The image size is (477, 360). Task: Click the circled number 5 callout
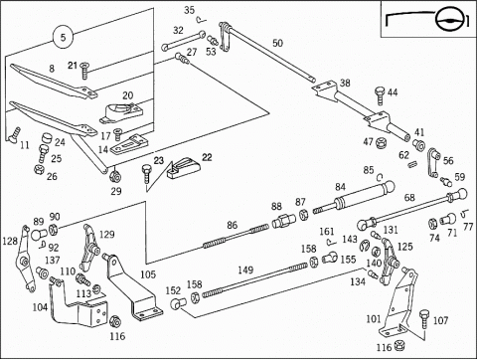(63, 37)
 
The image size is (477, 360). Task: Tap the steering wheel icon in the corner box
(448, 21)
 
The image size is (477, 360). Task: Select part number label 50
(278, 43)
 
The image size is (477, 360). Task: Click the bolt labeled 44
(380, 95)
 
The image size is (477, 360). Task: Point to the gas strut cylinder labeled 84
(354, 197)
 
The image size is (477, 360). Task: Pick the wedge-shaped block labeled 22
(184, 169)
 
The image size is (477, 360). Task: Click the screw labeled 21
(85, 71)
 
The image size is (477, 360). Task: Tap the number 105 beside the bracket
(148, 274)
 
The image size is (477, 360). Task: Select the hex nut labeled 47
(380, 143)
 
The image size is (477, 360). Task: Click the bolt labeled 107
(424, 318)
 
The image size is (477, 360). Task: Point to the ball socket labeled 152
(179, 303)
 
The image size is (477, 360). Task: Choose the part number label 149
(245, 270)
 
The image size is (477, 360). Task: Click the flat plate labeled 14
(129, 145)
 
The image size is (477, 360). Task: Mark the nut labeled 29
(115, 176)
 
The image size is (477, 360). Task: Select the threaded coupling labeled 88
(283, 221)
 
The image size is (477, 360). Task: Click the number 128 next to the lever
(10, 241)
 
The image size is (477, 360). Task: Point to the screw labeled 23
(146, 173)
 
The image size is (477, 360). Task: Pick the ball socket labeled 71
(448, 219)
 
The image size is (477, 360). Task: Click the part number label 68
(409, 198)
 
